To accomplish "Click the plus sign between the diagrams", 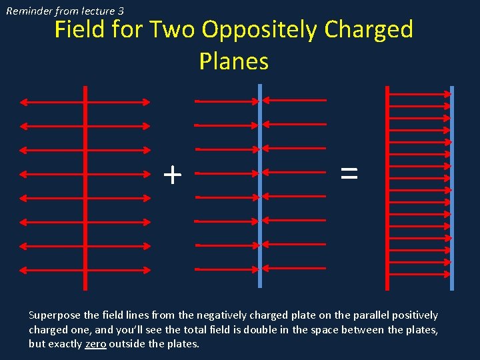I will click(x=172, y=175).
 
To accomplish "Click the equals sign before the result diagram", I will click(x=349, y=174).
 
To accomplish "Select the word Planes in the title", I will click(x=233, y=61).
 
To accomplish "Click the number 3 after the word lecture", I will click(x=120, y=11).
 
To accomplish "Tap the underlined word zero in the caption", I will click(x=95, y=344).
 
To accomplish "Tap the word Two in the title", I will click(x=175, y=30).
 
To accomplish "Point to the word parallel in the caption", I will click(x=357, y=315).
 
